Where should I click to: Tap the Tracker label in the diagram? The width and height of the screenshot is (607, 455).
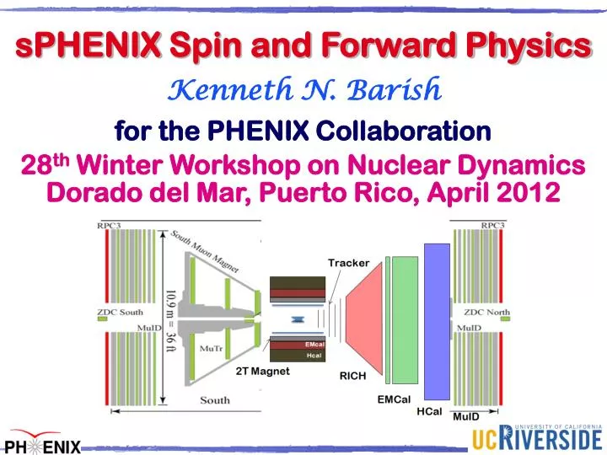(x=348, y=263)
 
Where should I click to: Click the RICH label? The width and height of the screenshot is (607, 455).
(x=352, y=377)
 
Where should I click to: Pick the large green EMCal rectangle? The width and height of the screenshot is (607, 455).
(x=406, y=320)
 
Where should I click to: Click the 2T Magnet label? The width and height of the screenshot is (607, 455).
(x=262, y=371)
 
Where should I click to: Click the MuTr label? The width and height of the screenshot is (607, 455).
(x=207, y=346)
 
